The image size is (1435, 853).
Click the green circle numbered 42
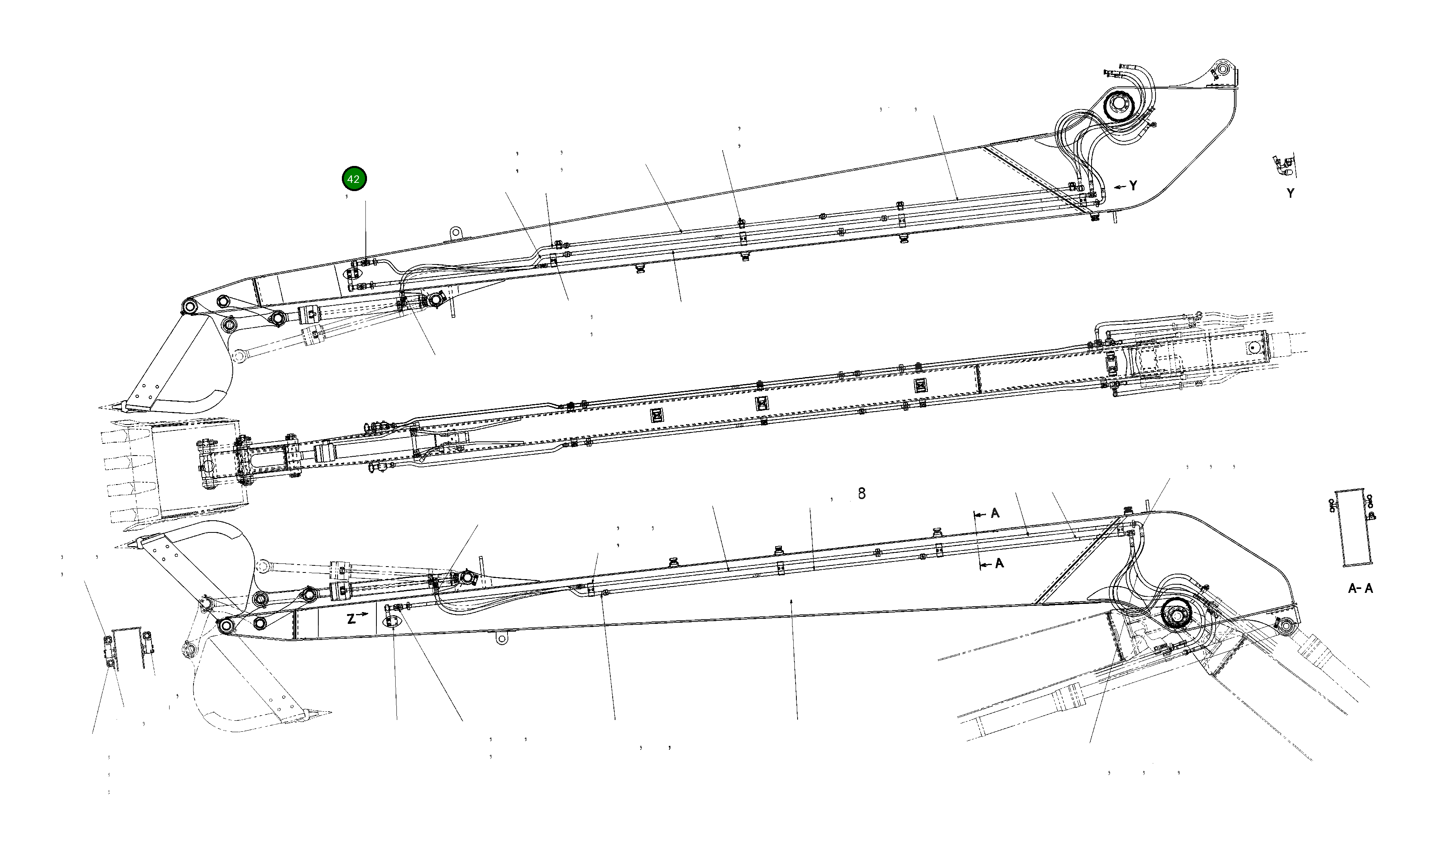point(354,179)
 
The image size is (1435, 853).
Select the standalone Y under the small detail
point(1291,194)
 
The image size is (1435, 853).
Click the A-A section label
point(1360,588)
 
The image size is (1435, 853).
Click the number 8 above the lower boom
point(861,493)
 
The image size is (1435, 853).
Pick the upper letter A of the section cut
point(995,513)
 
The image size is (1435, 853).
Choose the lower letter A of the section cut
point(999,563)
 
